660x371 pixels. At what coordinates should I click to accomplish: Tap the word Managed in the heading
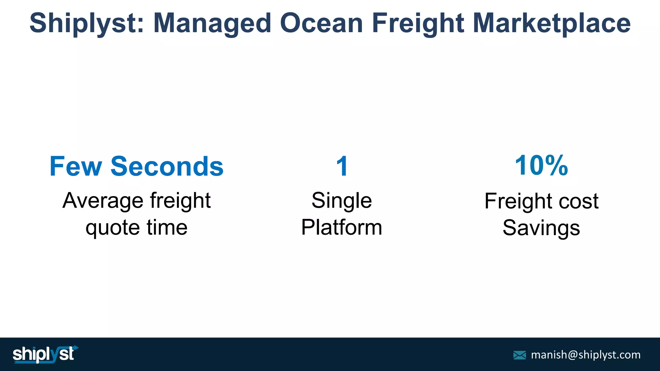tap(212, 23)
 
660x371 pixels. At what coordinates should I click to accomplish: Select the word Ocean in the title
tap(321, 23)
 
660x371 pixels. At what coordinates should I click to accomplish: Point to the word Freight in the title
tap(418, 23)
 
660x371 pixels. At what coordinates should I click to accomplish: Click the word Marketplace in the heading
tap(551, 23)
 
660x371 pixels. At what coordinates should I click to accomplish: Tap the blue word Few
tap(75, 166)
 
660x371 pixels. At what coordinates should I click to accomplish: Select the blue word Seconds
tap(167, 166)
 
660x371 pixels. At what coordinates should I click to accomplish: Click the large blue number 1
tap(342, 166)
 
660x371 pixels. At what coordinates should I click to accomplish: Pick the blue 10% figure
tap(541, 166)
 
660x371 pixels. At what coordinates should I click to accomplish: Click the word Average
tap(103, 201)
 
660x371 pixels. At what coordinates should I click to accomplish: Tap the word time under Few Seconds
tap(167, 227)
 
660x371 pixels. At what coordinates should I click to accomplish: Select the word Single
tap(342, 201)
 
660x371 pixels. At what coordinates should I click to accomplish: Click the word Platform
tap(342, 227)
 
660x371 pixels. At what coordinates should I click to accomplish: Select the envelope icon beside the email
tap(519, 355)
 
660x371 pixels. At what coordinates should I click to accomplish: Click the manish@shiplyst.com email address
tap(586, 355)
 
